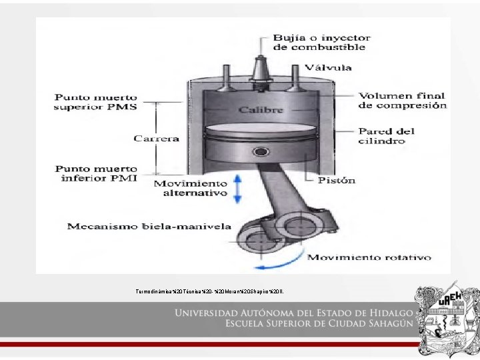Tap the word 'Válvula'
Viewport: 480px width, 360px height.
[x=328, y=67]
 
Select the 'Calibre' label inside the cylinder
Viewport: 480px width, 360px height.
[x=257, y=109]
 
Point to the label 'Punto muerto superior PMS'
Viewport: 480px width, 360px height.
[x=96, y=102]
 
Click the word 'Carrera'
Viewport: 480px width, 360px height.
[x=157, y=139]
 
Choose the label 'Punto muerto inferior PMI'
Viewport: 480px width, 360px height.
[x=96, y=173]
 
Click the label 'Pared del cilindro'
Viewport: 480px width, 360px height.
[x=385, y=135]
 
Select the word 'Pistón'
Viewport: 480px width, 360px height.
[x=337, y=180]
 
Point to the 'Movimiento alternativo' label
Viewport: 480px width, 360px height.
[x=191, y=188]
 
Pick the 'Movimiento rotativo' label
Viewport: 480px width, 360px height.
[x=369, y=257]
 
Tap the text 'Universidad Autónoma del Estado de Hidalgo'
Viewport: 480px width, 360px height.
[x=294, y=313]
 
